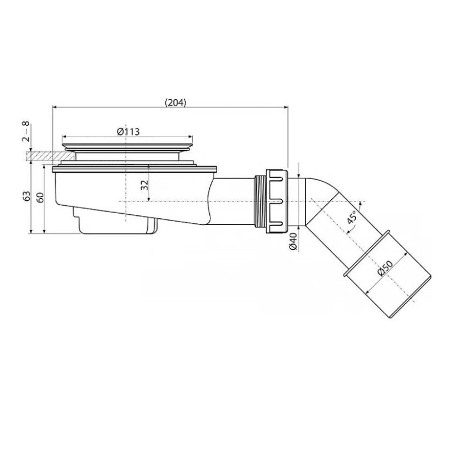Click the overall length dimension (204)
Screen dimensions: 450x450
tap(175, 102)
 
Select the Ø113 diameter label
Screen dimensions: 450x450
tap(128, 131)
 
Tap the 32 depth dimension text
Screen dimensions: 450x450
tap(145, 185)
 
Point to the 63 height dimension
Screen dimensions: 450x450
tap(25, 196)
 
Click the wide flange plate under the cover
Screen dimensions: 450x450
tap(135, 168)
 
